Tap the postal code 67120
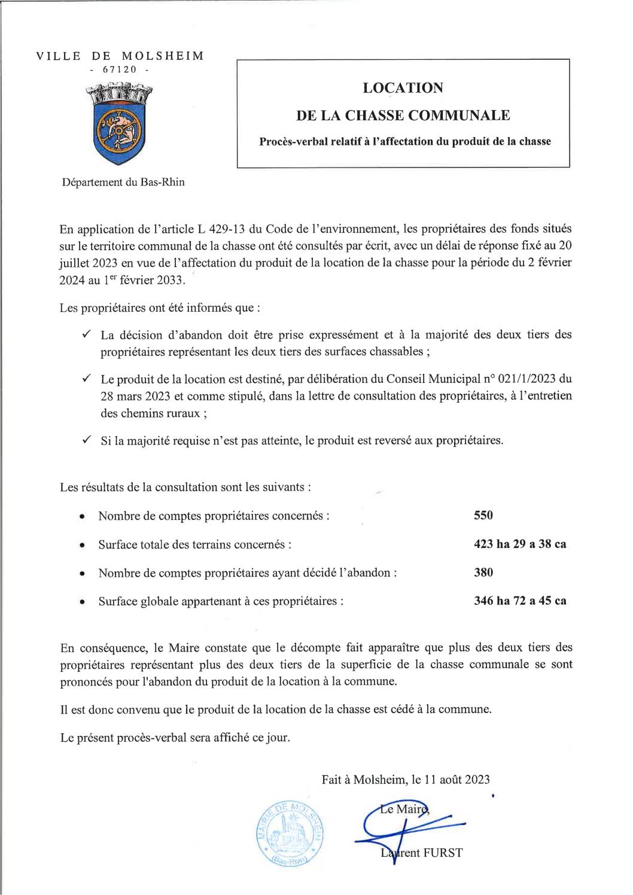tap(120, 69)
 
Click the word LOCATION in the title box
tap(403, 88)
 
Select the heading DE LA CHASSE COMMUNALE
tap(403, 115)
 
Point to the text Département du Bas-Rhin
tap(124, 182)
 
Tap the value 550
tap(483, 515)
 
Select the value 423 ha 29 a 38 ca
tap(520, 544)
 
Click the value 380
tap(483, 573)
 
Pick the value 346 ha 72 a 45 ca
tap(520, 601)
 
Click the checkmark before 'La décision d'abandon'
tap(86, 334)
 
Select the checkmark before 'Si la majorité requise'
tap(86, 440)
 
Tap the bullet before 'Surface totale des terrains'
tap(81, 546)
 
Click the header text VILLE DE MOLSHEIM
tap(120, 56)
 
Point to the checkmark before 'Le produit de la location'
tap(86, 379)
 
